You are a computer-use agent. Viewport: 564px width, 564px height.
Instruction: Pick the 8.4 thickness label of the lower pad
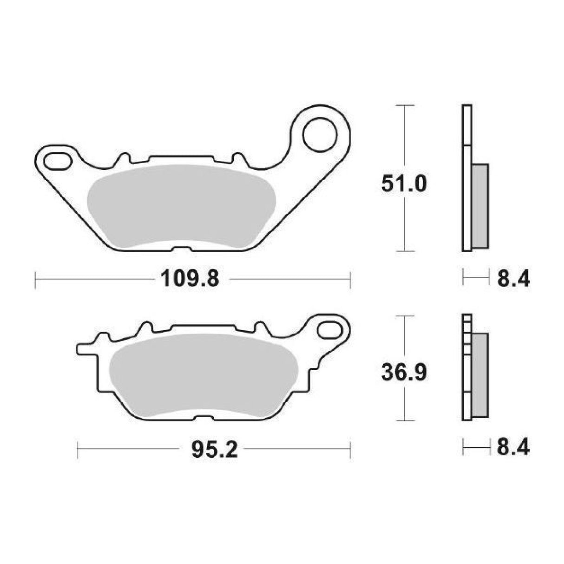(x=513, y=448)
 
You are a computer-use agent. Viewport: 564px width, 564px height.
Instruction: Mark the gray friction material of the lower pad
(x=203, y=374)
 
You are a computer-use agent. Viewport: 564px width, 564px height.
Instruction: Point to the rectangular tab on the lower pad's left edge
(x=85, y=349)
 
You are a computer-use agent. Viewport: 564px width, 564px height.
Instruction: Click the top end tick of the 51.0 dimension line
(x=406, y=106)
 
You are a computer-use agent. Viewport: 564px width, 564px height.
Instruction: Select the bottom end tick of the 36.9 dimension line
(x=406, y=421)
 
